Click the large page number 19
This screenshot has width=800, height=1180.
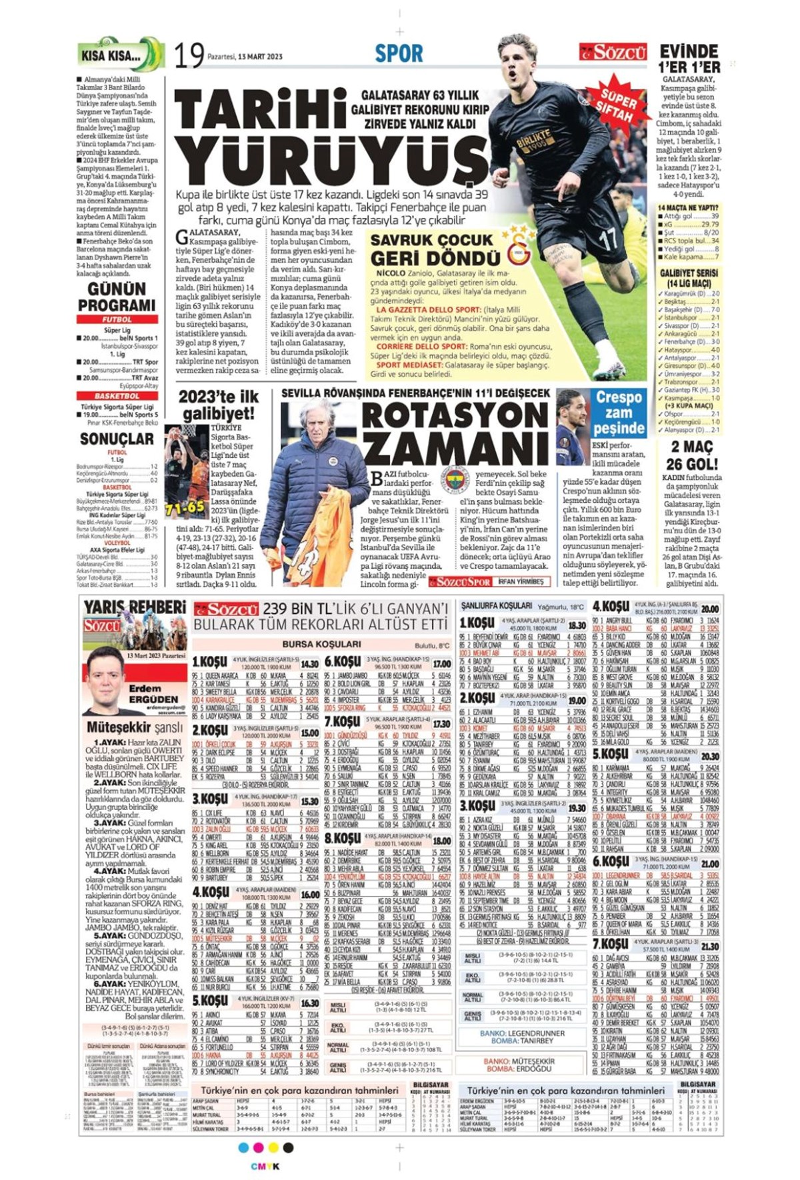(x=189, y=55)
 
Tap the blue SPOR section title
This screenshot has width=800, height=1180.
(x=399, y=53)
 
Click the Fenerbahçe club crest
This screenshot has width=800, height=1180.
(x=456, y=479)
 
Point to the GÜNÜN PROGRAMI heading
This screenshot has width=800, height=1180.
(x=117, y=297)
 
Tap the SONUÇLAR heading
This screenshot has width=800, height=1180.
(x=117, y=439)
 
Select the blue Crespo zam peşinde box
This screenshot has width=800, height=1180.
(x=619, y=413)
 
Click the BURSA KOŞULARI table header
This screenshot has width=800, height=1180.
(x=321, y=644)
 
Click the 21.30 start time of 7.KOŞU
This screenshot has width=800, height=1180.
(x=709, y=946)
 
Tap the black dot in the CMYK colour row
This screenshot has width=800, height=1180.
(x=288, y=1147)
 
